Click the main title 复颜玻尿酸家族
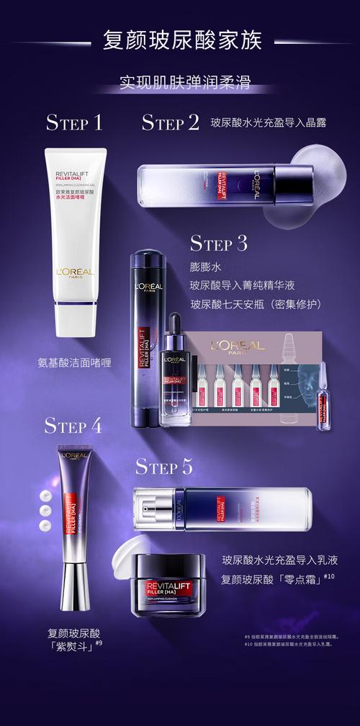181,40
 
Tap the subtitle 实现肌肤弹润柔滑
181,83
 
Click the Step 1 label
74,122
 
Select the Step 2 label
170,122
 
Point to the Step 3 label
218,243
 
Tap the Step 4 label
73,425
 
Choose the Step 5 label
164,467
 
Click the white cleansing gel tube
76,241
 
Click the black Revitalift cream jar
170,585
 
